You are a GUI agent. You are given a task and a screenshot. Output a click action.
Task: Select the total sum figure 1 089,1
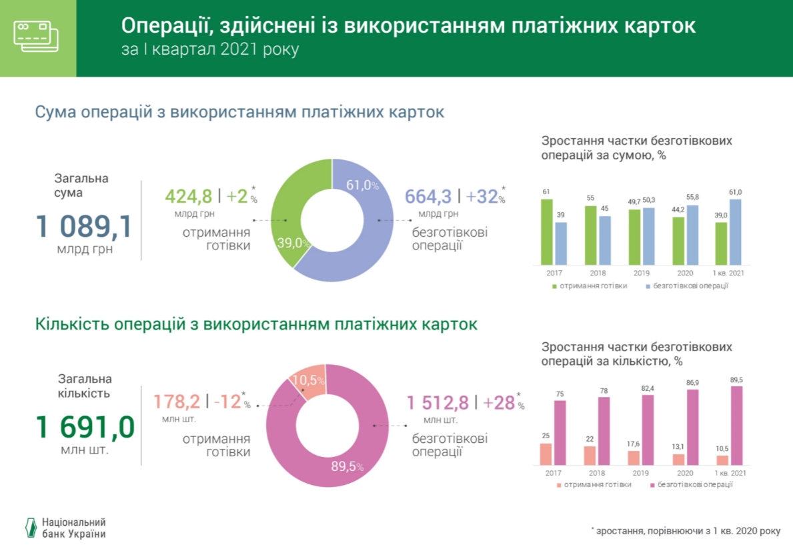coord(84,227)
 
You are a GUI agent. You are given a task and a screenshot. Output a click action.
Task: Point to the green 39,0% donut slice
coord(283,213)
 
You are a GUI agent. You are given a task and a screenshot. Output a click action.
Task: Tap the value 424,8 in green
coord(188,196)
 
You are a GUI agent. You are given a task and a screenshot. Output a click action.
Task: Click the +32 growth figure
coord(482,196)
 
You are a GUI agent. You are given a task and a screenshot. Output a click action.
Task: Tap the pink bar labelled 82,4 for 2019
coord(648,430)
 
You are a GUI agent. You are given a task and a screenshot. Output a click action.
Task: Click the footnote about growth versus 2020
coord(685,531)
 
